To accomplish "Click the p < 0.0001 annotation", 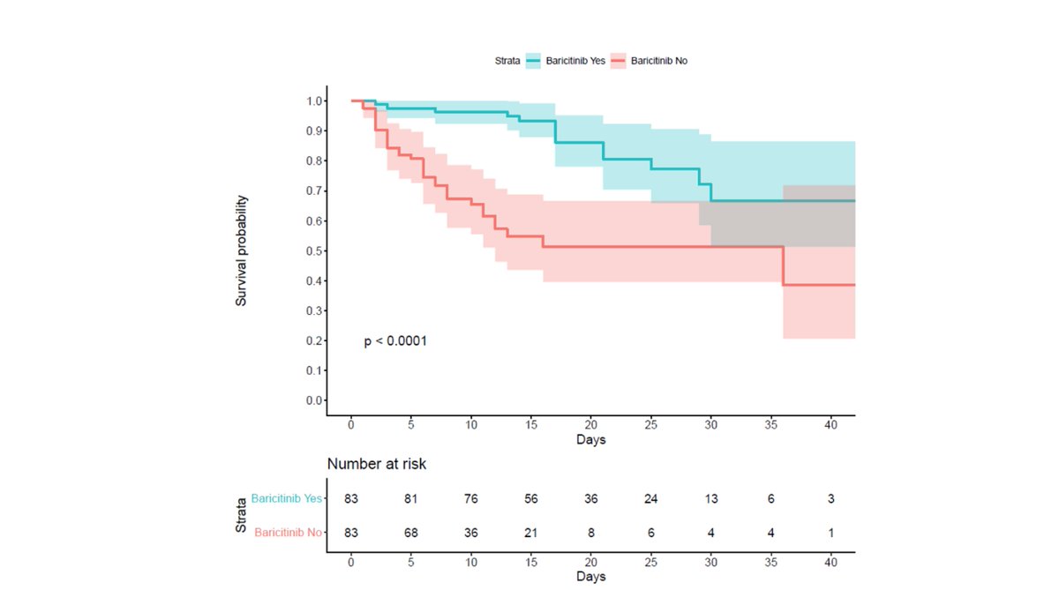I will [395, 340].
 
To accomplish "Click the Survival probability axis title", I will [241, 250].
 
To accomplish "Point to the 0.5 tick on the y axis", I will [314, 250].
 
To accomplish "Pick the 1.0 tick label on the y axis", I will [314, 101].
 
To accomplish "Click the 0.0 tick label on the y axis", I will [314, 400].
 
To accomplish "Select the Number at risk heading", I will [377, 464].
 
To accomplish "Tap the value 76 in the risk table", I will [471, 498].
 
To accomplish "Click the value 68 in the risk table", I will [411, 532].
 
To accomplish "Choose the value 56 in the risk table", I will [531, 498].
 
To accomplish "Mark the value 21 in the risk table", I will [531, 532].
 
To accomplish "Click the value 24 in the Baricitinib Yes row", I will [651, 498].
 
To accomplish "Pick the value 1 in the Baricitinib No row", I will [830, 532].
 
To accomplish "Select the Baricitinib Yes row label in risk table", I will [286, 498].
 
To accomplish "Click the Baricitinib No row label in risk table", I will [288, 532].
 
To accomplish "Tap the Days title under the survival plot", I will [590, 439].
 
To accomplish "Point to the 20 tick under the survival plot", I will [591, 424].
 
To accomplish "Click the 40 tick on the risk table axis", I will [830, 562].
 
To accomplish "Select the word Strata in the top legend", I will [507, 61].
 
